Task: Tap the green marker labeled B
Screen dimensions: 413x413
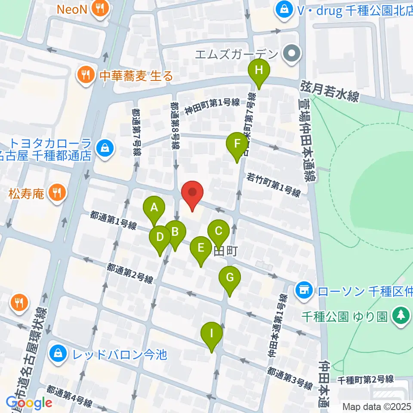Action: click(x=175, y=232)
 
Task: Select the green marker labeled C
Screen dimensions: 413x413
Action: click(x=218, y=231)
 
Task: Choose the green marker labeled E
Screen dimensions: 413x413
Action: click(x=200, y=248)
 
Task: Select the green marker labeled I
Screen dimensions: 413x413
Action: click(x=211, y=333)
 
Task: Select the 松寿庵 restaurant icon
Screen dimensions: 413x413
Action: click(x=56, y=193)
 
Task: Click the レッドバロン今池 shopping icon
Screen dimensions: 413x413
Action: click(x=57, y=354)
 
